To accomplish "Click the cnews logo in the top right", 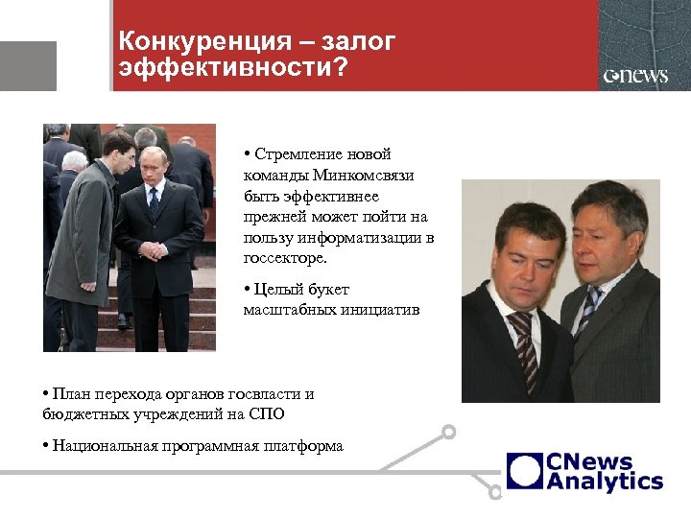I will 634,76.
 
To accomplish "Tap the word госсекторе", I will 284,258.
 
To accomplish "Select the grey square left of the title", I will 28,65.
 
